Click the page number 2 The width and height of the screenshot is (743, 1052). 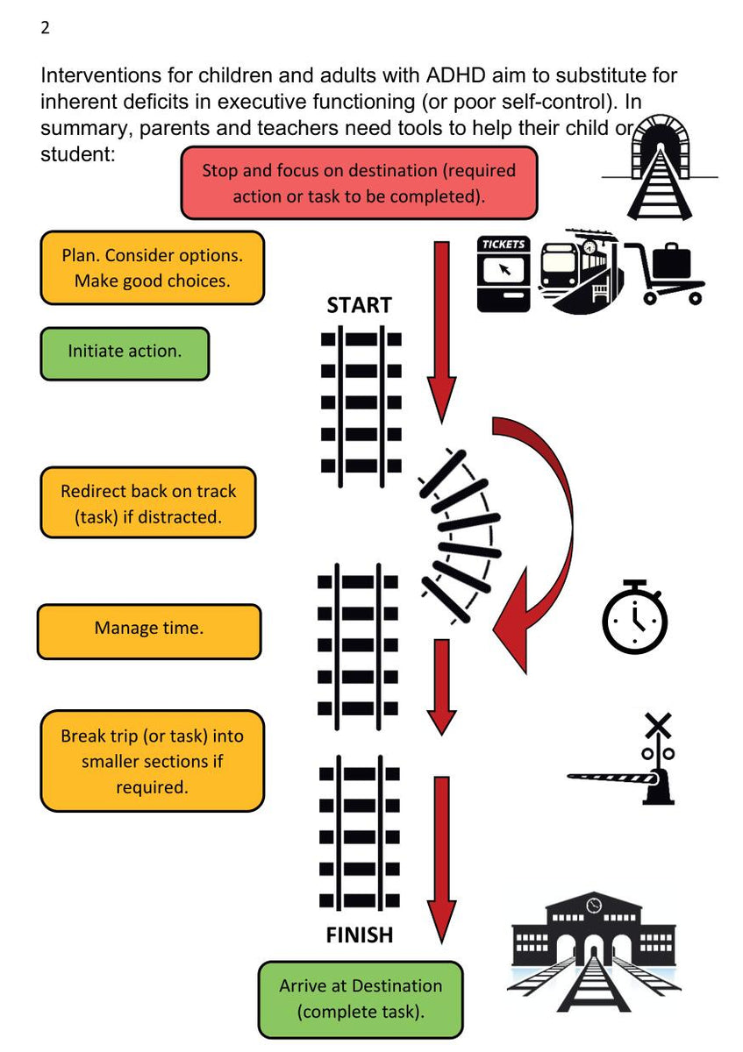coord(45,28)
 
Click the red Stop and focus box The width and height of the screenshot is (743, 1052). coord(359,182)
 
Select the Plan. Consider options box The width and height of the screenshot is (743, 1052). coord(152,268)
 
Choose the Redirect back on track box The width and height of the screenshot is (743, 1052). coord(148,503)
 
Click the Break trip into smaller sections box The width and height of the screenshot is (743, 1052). coord(152,761)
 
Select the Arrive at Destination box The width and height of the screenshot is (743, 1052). coord(360,999)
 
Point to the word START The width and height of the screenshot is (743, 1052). coord(359,306)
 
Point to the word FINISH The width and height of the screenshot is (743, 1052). coord(359,935)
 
